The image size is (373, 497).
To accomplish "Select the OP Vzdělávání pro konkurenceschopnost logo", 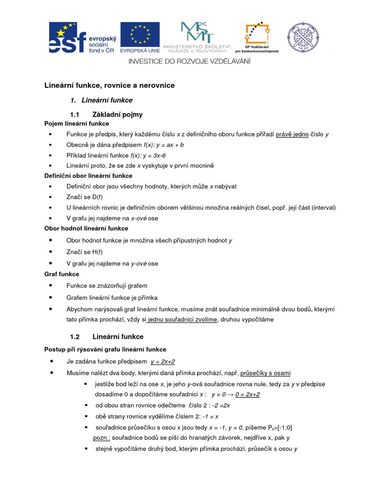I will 256,37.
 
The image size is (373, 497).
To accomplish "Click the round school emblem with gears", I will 304,38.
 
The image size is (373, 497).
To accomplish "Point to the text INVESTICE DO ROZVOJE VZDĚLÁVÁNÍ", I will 189,61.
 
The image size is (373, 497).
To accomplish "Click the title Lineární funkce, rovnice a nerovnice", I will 110,85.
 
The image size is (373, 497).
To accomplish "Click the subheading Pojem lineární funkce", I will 77,124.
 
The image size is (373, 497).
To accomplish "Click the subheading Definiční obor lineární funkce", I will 88,176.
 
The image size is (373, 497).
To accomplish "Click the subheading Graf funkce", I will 62,274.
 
